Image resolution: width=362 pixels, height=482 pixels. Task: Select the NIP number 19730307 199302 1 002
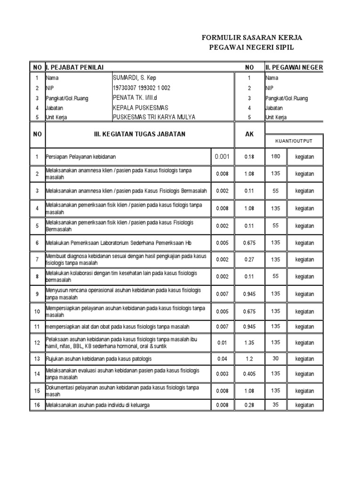[x=141, y=88]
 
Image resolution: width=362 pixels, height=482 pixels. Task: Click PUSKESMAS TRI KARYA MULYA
[x=154, y=117]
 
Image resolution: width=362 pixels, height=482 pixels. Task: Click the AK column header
[x=249, y=134]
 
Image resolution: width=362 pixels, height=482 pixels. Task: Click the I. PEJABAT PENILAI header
[x=74, y=67]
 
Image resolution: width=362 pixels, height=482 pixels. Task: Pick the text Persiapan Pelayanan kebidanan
[x=81, y=157]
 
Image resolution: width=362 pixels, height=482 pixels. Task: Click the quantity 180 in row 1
[x=276, y=156]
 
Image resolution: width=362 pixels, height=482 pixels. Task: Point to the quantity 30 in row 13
[x=276, y=359]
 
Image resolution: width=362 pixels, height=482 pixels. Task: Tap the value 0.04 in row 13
[x=222, y=359]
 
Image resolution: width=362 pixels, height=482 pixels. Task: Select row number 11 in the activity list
[x=37, y=327]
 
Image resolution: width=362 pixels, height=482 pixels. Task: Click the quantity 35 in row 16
[x=276, y=404]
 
